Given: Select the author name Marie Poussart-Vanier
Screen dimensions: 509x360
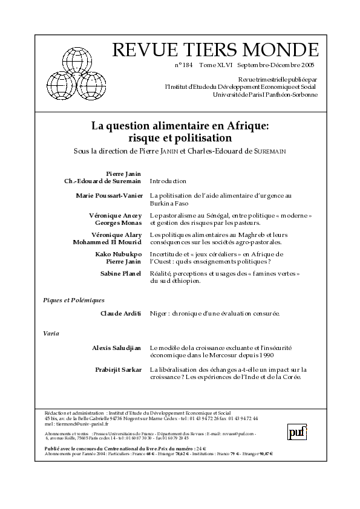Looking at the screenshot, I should tap(109, 196).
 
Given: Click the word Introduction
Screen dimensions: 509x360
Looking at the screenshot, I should tap(168, 181).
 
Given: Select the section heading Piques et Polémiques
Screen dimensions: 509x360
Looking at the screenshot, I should tap(74, 300).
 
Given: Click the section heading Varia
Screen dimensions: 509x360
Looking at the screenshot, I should tap(51, 333).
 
